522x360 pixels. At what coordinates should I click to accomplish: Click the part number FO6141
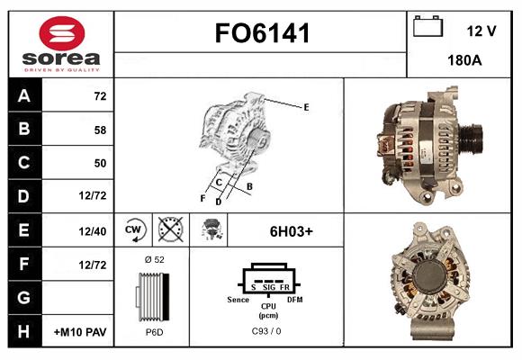point(262,33)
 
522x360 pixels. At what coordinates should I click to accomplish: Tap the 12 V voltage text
point(481,31)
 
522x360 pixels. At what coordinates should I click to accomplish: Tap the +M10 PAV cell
point(80,332)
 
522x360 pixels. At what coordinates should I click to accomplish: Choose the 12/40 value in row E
point(93,231)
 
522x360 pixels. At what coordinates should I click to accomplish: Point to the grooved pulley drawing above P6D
point(152,296)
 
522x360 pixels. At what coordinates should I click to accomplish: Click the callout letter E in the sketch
point(306,107)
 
